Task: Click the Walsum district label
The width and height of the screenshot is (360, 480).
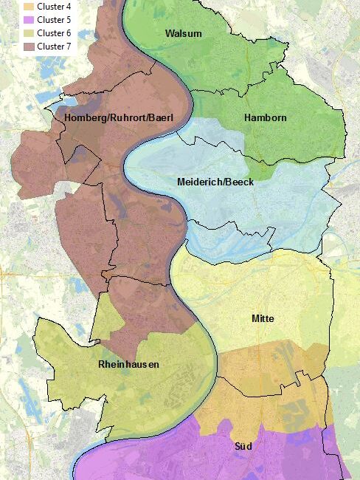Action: (x=184, y=34)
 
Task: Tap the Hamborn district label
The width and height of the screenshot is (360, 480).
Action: (x=265, y=117)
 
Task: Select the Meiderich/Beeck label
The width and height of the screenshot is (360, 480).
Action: (x=215, y=182)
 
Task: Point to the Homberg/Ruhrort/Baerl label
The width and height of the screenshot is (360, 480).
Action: (x=113, y=118)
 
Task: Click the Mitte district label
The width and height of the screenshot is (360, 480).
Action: (x=263, y=318)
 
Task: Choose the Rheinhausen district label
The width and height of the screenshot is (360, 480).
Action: (x=128, y=365)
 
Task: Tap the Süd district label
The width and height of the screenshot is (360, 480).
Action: (x=243, y=446)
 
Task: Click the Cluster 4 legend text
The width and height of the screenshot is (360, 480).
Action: (x=53, y=7)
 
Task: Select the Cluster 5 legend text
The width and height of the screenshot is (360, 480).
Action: (x=53, y=20)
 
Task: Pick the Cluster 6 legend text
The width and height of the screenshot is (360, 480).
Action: (x=53, y=33)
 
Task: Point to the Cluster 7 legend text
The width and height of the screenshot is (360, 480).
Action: (x=53, y=47)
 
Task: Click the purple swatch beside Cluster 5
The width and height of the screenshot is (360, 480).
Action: (x=30, y=20)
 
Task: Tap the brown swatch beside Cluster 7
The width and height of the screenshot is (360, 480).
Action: (x=30, y=47)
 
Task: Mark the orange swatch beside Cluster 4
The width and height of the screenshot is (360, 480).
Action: (x=30, y=7)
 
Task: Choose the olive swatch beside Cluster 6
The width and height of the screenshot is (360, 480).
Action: (x=30, y=33)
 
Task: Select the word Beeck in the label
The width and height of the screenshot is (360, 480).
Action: (x=240, y=182)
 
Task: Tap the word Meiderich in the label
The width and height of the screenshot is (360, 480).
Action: (x=200, y=182)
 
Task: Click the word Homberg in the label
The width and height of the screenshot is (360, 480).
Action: (x=83, y=118)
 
